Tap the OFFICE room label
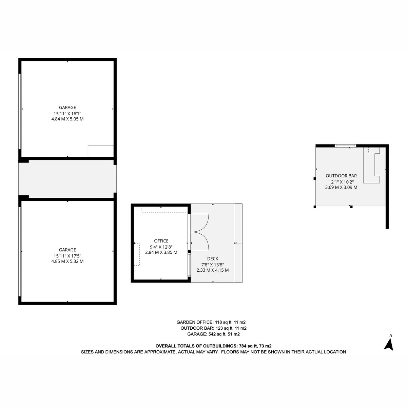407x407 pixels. [161, 241]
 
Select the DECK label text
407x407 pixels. [212, 258]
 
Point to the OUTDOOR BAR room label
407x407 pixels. [341, 176]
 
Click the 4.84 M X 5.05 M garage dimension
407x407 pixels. [67, 119]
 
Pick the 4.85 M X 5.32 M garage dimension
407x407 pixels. [67, 261]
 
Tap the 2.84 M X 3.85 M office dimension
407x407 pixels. [161, 252]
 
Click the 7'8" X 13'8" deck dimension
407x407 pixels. [212, 265]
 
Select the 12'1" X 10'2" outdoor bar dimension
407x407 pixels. [341, 182]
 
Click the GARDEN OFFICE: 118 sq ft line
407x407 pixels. [211, 322]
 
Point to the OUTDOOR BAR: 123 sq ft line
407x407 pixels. [213, 328]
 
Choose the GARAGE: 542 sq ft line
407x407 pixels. [213, 334]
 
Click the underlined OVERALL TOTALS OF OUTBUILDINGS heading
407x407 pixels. [213, 346]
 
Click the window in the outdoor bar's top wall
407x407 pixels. [345, 146]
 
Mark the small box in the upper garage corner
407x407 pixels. [100, 151]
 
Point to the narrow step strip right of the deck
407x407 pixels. [238, 243]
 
